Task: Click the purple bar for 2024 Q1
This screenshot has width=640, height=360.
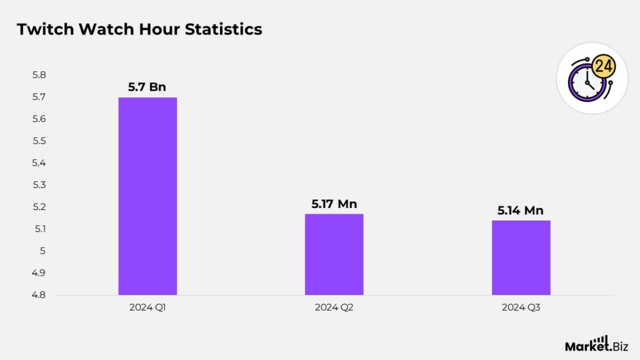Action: tap(147, 196)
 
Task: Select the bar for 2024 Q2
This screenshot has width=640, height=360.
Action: tap(334, 254)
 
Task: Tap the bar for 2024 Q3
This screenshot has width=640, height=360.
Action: tap(521, 257)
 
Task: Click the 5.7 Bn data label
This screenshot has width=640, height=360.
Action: tap(147, 87)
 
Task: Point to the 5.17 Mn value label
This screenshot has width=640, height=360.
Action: tap(334, 204)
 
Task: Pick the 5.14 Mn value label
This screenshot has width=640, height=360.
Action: tap(521, 211)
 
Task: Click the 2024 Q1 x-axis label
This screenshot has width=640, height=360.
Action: tap(147, 307)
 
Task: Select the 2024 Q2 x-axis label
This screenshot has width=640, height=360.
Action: tap(334, 307)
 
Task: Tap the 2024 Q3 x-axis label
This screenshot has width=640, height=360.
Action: tap(521, 307)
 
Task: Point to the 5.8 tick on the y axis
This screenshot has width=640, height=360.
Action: tap(39, 75)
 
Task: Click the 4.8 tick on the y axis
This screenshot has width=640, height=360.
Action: tap(39, 295)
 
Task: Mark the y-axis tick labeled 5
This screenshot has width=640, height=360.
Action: tap(43, 251)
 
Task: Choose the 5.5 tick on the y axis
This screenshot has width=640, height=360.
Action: tap(39, 141)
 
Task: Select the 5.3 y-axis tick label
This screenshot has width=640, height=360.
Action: tap(39, 185)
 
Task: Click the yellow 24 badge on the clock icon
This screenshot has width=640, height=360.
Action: tap(602, 66)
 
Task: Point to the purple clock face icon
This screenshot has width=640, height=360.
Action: tap(586, 82)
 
